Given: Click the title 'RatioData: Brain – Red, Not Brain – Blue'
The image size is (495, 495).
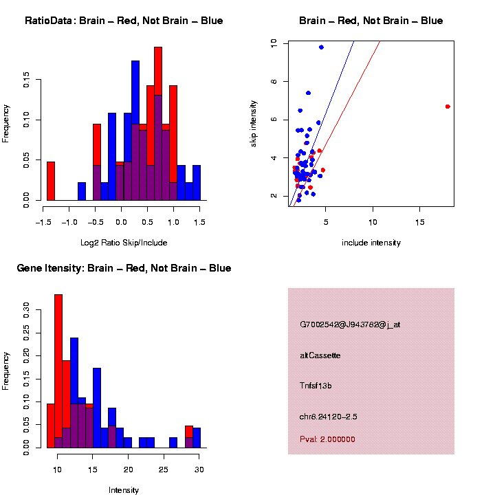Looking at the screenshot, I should tap(124, 21).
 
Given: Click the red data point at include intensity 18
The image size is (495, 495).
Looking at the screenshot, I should tap(448, 107).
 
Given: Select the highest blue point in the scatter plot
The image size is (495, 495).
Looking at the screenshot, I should tap(321, 47).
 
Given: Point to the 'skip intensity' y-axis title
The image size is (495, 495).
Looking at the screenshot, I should tap(254, 122).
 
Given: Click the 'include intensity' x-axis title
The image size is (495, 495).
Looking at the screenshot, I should tap(371, 243).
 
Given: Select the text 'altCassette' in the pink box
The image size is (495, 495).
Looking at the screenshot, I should tap(320, 355).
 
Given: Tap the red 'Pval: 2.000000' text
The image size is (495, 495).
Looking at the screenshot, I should tap(327, 439).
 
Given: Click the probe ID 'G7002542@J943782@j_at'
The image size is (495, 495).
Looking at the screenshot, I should tap(350, 324).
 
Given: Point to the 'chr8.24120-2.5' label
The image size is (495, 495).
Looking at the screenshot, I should tap(329, 417).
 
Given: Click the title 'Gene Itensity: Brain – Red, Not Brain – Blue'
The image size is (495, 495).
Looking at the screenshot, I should tap(124, 268).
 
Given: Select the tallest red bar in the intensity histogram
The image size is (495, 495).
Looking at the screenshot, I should tap(58, 371).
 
